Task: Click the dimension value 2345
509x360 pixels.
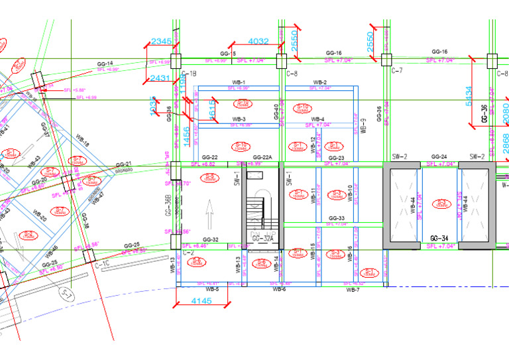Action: tap(161, 42)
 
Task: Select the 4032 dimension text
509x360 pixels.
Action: tap(258, 42)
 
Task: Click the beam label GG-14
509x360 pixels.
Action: tap(105, 63)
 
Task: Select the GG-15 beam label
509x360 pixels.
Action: tap(228, 53)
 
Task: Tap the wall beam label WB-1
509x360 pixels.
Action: tap(239, 82)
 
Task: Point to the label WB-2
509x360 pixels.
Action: tap(319, 82)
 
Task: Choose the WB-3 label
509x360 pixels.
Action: tap(239, 119)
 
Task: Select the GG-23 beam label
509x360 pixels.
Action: tap(336, 158)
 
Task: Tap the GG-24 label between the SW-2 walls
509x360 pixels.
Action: tap(438, 157)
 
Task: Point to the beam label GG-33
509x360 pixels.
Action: tap(337, 218)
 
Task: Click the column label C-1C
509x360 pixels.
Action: tap(103, 265)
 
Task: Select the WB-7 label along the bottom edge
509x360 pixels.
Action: tap(353, 290)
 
